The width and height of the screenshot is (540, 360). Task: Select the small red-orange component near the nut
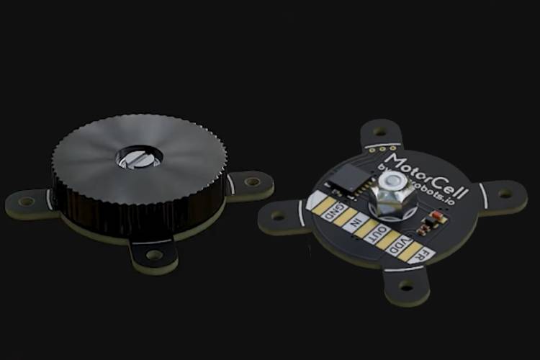[x=434, y=217]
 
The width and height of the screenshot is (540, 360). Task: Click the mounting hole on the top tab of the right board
[x=380, y=132]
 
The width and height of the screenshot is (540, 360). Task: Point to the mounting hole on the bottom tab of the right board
[x=407, y=286]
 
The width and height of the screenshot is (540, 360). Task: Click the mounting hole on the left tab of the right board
[x=278, y=215]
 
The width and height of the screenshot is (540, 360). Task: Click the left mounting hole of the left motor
[x=26, y=202]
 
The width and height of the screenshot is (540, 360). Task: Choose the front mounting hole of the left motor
[x=154, y=254]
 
